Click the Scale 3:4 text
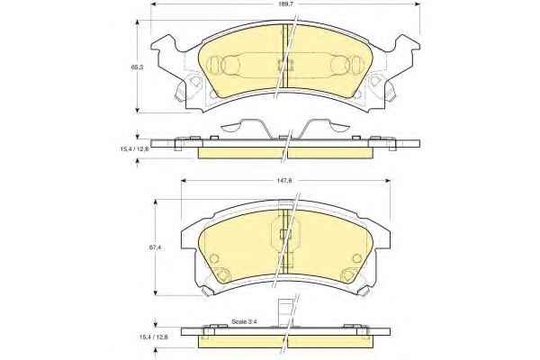tap(245, 322)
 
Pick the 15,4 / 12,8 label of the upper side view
tap(134, 148)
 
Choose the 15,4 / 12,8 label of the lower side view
tap(153, 337)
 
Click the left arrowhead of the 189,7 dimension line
tap(154, 4)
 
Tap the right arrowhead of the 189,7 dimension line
tap(417, 4)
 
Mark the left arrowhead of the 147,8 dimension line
tap(184, 181)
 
